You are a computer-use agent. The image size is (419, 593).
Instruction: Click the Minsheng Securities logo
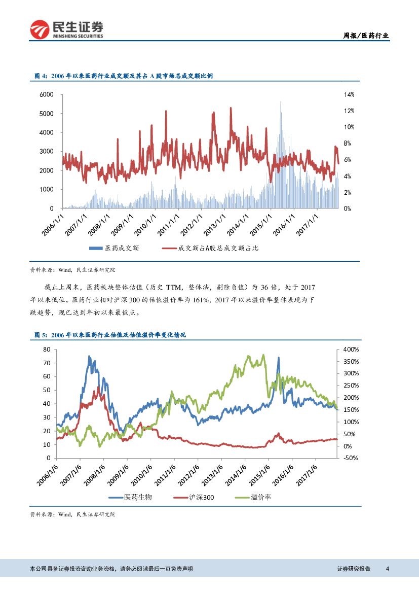pos(66,29)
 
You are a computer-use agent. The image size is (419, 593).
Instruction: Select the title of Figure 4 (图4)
pos(123,76)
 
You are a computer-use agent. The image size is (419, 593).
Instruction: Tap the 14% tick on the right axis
pos(349,94)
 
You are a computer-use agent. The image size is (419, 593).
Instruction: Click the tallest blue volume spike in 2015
pos(280,102)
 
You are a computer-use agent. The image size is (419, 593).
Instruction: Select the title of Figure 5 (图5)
pos(110,335)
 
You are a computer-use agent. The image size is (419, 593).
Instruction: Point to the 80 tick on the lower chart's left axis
pos(47,350)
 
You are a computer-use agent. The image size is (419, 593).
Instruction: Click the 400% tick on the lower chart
pos(351,350)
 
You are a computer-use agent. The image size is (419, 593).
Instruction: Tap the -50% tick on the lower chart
pos(351,458)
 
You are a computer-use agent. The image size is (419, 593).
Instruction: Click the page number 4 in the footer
pos(387,569)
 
